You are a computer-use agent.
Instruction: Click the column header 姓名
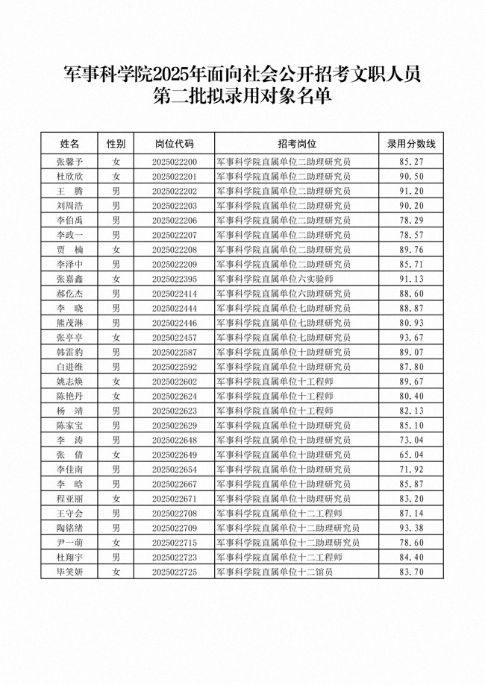(x=69, y=143)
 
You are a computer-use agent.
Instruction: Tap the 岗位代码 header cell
(x=174, y=143)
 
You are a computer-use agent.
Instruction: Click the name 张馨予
(x=69, y=162)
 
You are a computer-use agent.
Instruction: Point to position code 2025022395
(x=174, y=279)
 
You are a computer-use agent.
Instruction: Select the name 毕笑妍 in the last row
(x=69, y=572)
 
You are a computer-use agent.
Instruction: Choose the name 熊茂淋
(x=69, y=323)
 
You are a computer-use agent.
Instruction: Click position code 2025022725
(x=174, y=572)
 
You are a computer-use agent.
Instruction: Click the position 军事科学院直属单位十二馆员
(x=273, y=572)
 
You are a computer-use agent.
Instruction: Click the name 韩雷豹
(x=69, y=352)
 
